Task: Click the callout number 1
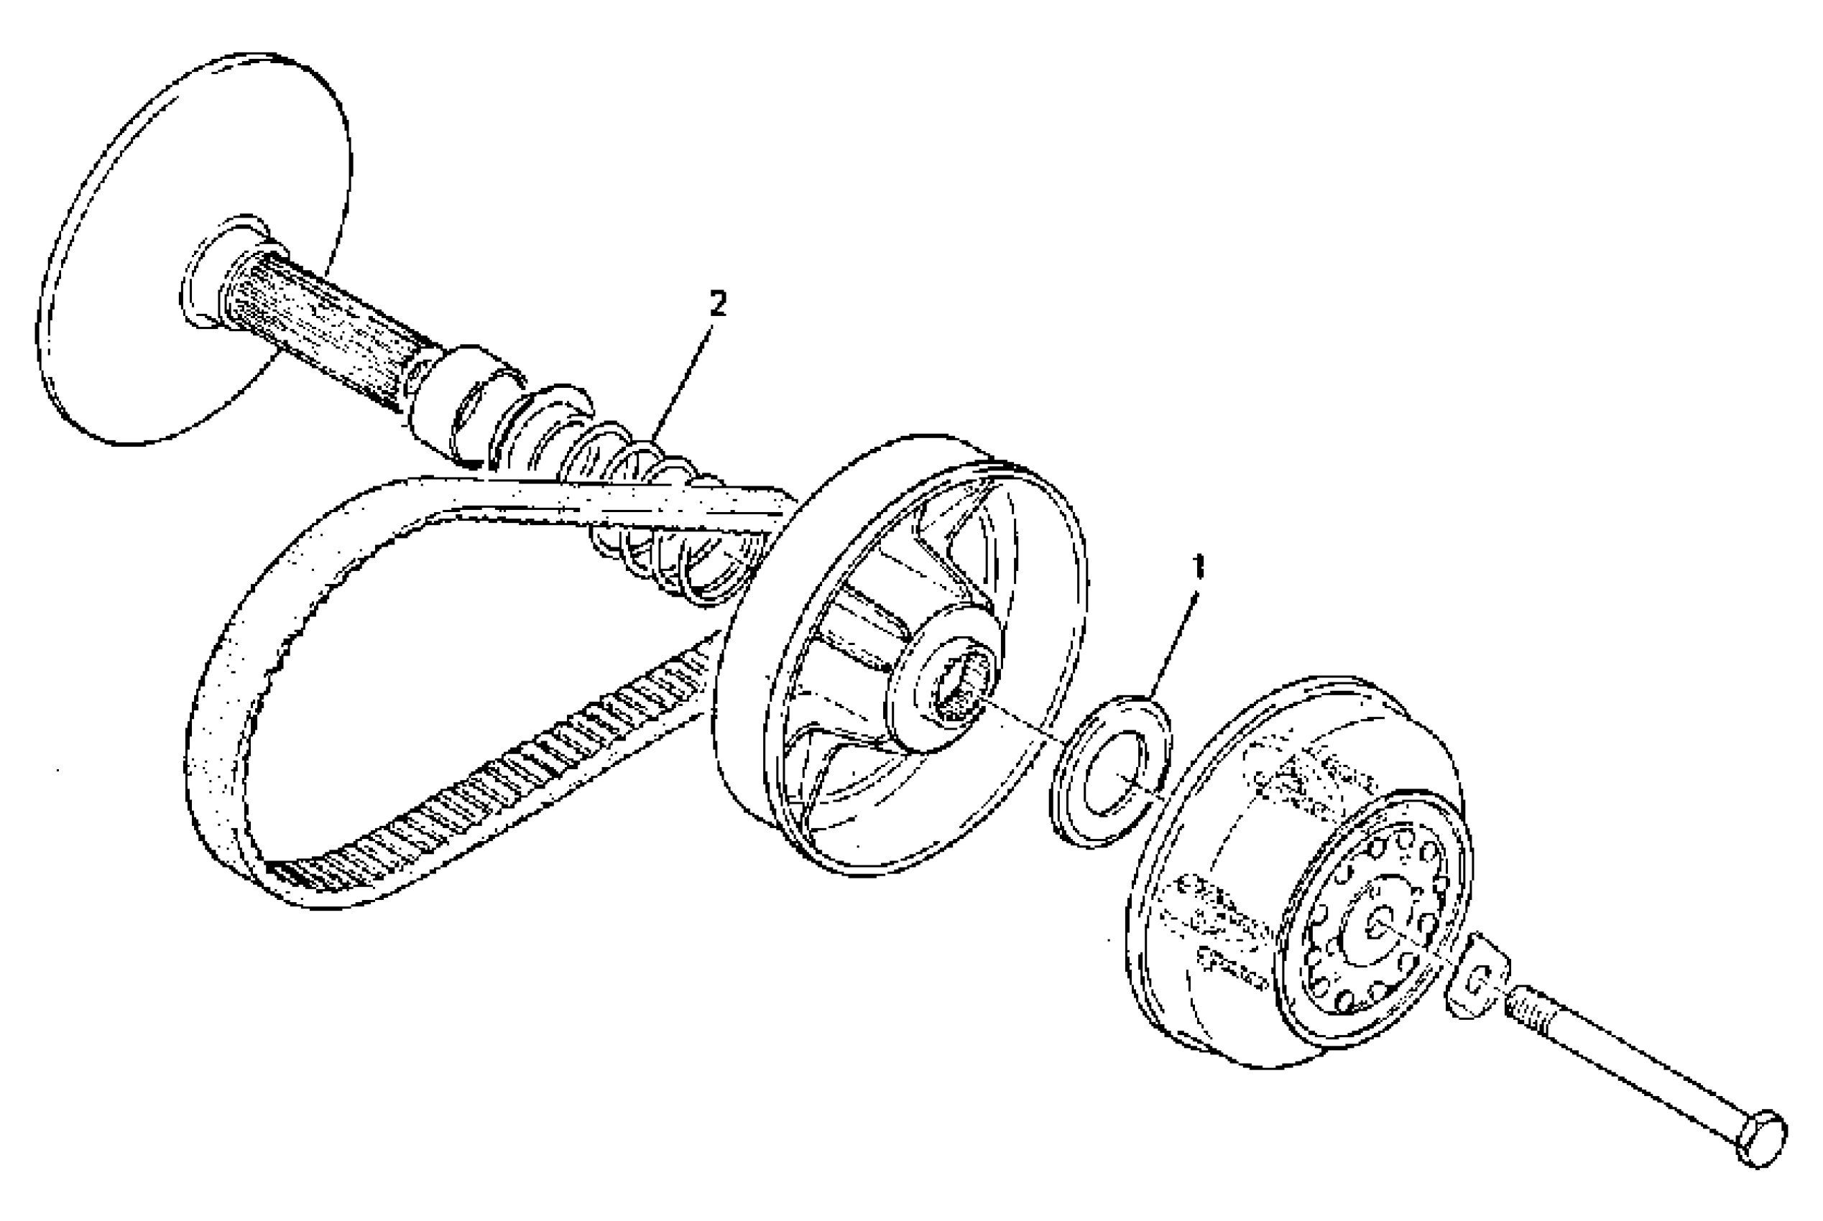(x=1198, y=567)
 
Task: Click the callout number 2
(x=716, y=303)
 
